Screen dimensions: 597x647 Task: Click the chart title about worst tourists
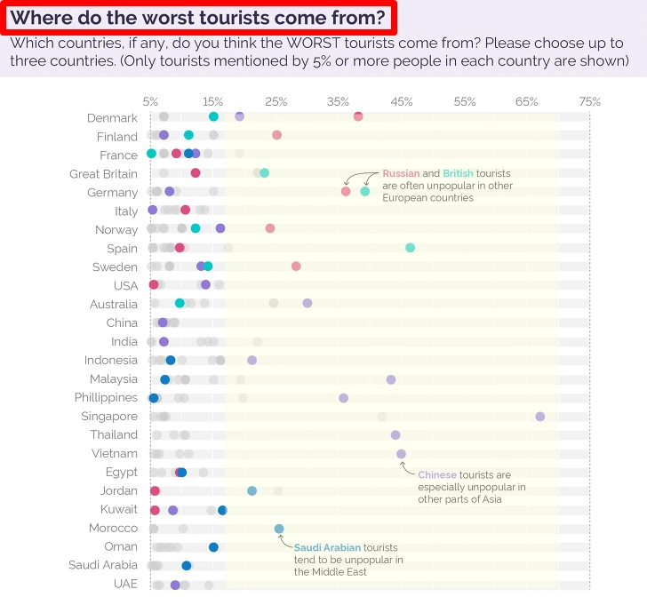click(x=197, y=18)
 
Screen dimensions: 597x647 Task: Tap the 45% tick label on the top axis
click(x=402, y=101)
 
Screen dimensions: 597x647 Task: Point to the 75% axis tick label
click(x=589, y=101)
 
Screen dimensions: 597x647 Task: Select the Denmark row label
click(x=112, y=117)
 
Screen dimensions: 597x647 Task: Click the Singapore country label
click(x=109, y=416)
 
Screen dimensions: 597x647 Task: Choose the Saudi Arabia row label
click(x=103, y=565)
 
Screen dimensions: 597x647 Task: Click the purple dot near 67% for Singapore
click(x=539, y=416)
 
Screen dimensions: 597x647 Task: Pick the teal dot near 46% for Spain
click(x=410, y=247)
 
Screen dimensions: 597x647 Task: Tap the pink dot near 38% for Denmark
click(x=358, y=116)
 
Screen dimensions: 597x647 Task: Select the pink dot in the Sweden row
click(x=296, y=266)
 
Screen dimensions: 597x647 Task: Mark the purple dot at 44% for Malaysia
click(x=391, y=379)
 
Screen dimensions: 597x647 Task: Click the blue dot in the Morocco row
click(x=279, y=529)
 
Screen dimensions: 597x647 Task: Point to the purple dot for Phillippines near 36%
click(x=343, y=397)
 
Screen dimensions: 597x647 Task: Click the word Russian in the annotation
click(x=402, y=173)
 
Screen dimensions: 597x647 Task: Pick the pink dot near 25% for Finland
click(x=276, y=135)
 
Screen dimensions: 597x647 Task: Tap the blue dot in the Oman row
click(x=213, y=547)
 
